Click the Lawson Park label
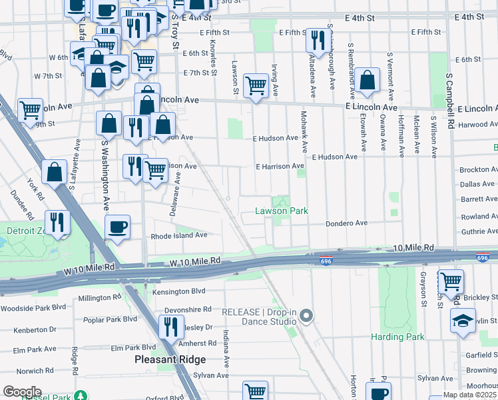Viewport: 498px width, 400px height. click(282, 211)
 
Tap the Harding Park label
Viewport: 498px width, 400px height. click(398, 337)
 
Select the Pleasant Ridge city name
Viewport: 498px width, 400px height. click(170, 359)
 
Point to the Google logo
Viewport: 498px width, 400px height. click(22, 392)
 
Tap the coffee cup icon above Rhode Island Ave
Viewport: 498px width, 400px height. click(118, 227)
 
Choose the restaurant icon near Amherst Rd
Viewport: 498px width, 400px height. click(170, 327)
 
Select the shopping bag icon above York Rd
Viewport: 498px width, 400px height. click(54, 171)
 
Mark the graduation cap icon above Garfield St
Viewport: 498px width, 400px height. click(463, 320)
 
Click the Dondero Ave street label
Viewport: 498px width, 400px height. click(346, 223)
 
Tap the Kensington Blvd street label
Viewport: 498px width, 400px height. click(179, 291)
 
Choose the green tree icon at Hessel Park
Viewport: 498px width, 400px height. click(81, 396)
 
